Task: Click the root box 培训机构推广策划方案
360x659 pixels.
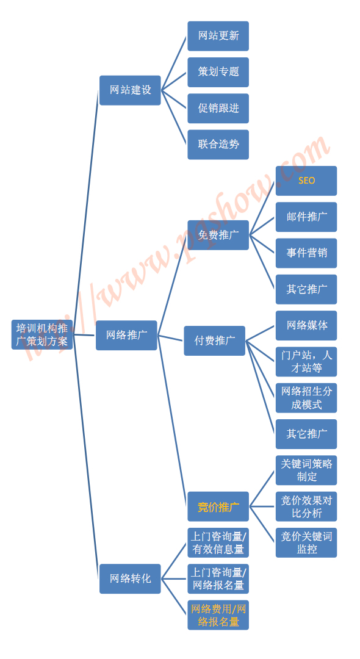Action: pos(42,334)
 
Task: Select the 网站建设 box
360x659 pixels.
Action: pos(130,90)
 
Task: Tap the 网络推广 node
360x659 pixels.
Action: pos(126,336)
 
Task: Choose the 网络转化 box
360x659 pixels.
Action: pos(130,578)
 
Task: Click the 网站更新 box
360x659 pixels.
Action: pos(218,36)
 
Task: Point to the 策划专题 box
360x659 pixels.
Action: pos(218,72)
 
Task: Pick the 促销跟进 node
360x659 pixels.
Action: pos(218,109)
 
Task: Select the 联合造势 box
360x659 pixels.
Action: pos(218,145)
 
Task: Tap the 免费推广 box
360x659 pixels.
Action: pos(218,235)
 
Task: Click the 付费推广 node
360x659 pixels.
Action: pos(215,341)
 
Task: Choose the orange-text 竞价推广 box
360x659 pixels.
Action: pos(218,506)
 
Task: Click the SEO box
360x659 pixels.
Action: pos(306,181)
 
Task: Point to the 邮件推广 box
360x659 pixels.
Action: pos(306,217)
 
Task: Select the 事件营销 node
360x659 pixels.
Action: pos(306,253)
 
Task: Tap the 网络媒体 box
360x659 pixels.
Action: pos(306,325)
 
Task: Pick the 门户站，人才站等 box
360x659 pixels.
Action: pos(306,361)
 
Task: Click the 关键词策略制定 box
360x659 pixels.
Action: pos(306,470)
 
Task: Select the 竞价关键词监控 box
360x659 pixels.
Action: pos(306,542)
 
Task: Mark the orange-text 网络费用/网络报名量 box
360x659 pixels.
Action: pos(218,615)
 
